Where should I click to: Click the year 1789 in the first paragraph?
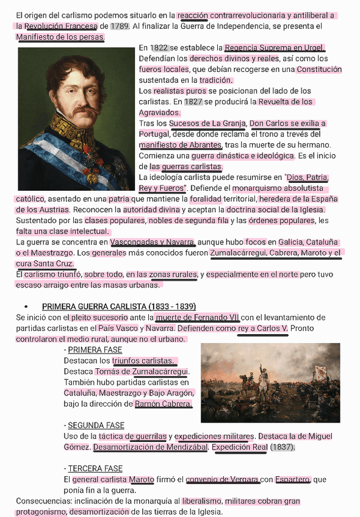pos(120,26)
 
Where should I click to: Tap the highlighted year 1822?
pos(159,48)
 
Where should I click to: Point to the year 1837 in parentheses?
pos(282,447)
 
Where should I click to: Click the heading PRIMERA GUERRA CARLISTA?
pos(118,306)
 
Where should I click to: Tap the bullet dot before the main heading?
pos(26,306)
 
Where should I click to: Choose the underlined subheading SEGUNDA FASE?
pos(96,425)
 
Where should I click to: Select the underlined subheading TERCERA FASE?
pos(95,469)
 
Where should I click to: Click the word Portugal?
pos(154,134)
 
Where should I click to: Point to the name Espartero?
pos(293,479)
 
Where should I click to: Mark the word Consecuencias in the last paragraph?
pos(43,501)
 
